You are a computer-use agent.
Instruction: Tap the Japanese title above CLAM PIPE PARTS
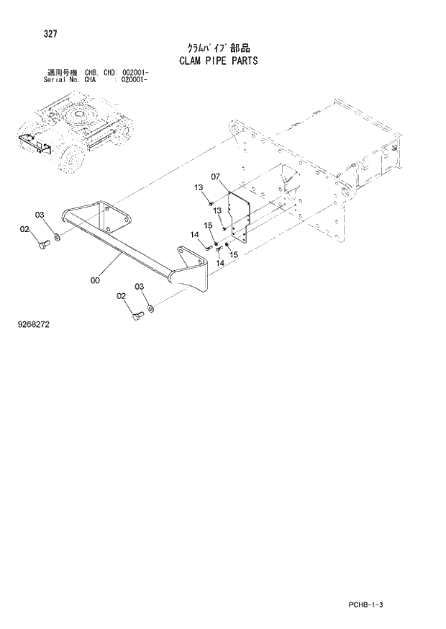pos(218,48)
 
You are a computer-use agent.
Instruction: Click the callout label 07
pos(215,177)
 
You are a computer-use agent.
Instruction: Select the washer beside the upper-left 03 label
pos(57,234)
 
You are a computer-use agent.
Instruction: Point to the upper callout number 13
pos(199,188)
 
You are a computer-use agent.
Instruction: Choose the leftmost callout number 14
pos(194,235)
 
